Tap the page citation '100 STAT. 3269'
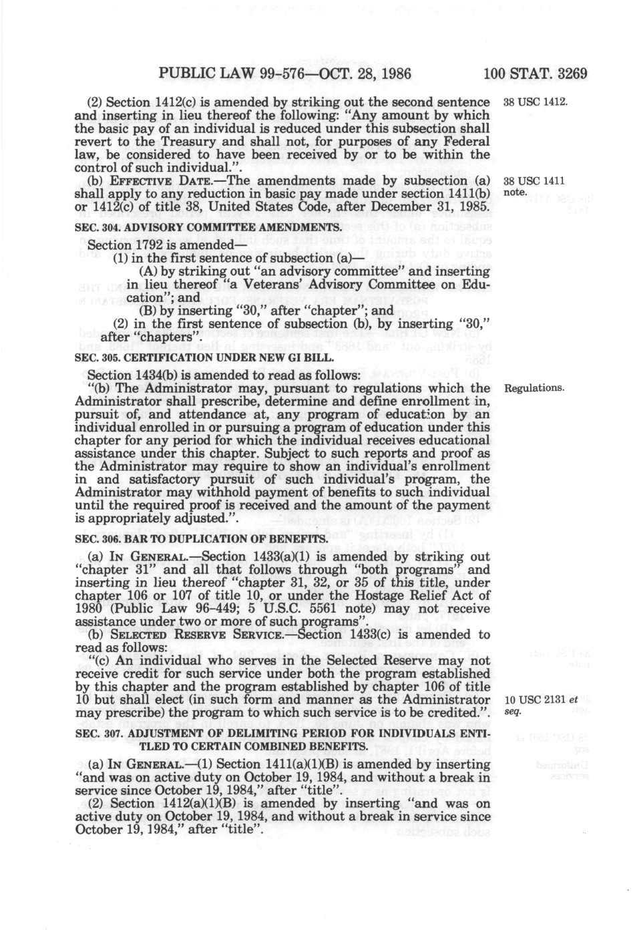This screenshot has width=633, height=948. [x=536, y=72]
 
